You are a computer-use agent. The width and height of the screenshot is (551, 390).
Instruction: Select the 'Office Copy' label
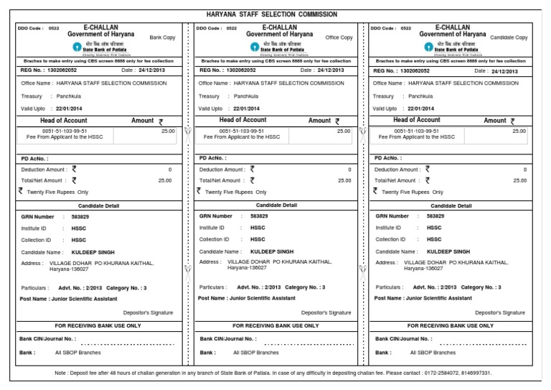click(x=339, y=37)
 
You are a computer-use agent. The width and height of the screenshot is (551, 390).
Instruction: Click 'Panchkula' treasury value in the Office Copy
click(x=246, y=96)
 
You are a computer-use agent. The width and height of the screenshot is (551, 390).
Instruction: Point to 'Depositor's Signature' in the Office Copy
click(x=326, y=312)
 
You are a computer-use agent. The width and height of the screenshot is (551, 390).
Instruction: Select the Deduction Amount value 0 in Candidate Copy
click(x=524, y=170)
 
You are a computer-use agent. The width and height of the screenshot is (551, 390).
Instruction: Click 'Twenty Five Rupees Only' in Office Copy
click(x=236, y=192)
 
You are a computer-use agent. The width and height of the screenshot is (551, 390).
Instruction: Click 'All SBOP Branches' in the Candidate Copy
click(x=433, y=353)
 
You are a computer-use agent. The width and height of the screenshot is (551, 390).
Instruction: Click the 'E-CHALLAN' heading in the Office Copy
click(x=276, y=27)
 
